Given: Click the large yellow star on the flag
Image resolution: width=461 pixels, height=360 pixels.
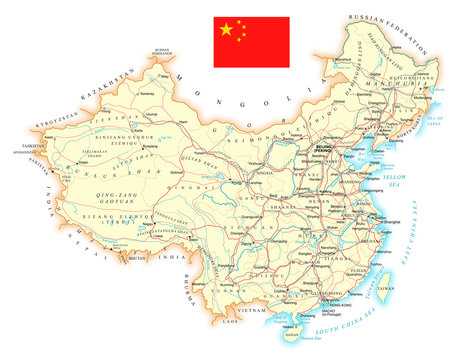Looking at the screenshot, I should coord(226,30).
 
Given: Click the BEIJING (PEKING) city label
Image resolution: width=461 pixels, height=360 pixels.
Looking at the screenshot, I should coord(328,145).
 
